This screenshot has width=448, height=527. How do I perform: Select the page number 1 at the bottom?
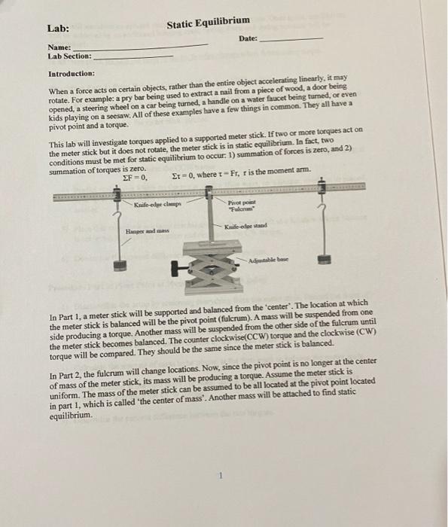pyautogui.click(x=223, y=475)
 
